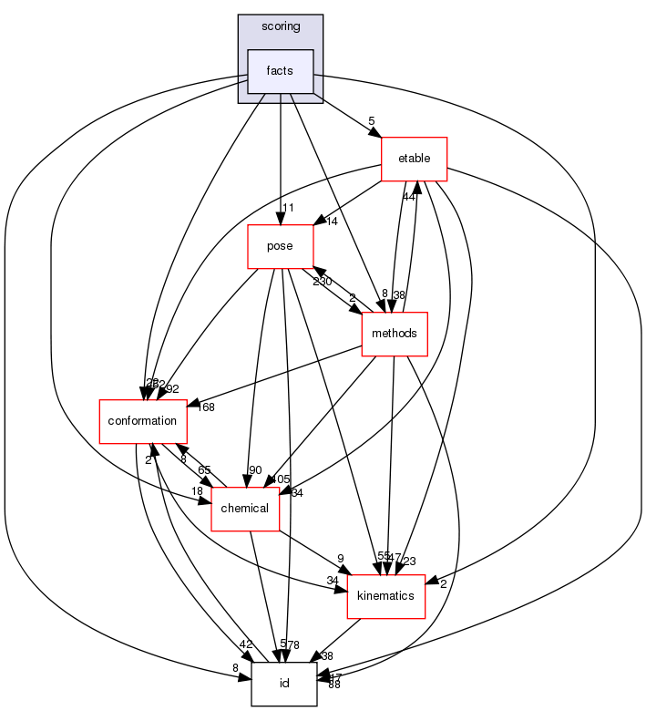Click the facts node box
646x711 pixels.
[x=281, y=71]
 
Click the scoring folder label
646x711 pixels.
[x=281, y=26]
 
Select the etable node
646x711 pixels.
[x=415, y=160]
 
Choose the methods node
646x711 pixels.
[x=395, y=333]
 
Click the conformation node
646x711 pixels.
[x=143, y=420]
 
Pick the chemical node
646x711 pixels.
[x=245, y=508]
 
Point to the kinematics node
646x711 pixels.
[x=386, y=595]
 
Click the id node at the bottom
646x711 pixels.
[x=284, y=683]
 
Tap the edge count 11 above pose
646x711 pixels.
[x=289, y=209]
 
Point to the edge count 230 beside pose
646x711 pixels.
[x=323, y=282]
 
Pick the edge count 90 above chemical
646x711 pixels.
[x=255, y=470]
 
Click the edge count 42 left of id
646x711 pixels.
[x=246, y=644]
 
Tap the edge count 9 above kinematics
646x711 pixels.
[x=340, y=559]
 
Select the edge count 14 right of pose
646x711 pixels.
[x=331, y=221]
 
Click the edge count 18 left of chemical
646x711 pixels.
[x=197, y=492]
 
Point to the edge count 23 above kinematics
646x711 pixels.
[x=409, y=562]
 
